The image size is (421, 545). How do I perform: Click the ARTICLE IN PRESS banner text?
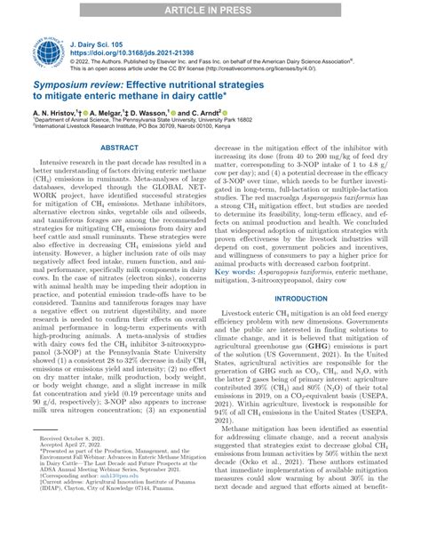click(x=210, y=8)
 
